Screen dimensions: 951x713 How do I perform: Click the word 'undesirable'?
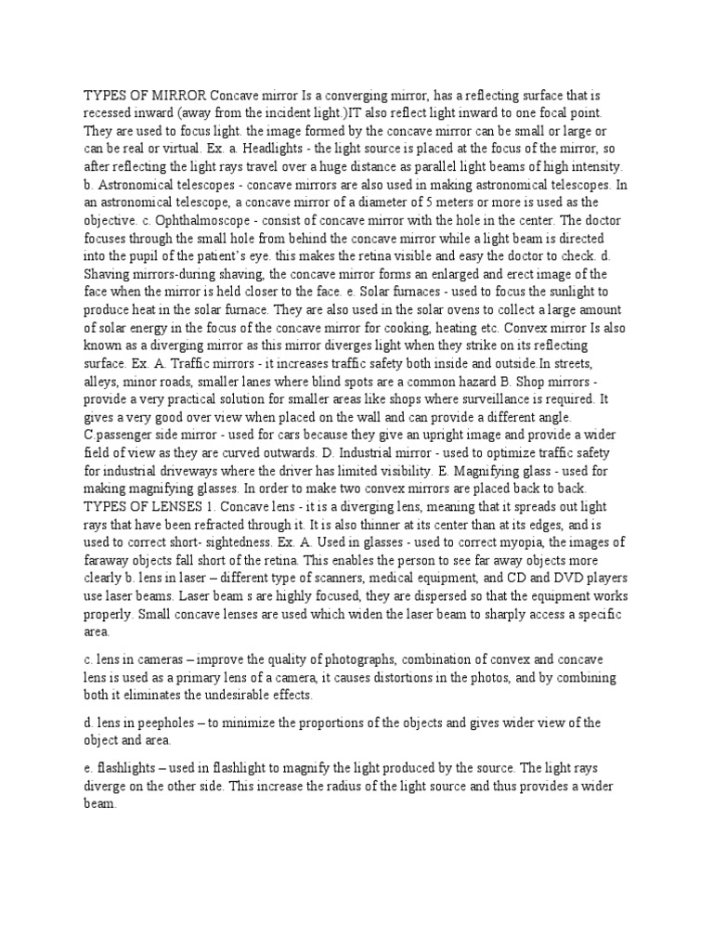[x=254, y=695]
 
